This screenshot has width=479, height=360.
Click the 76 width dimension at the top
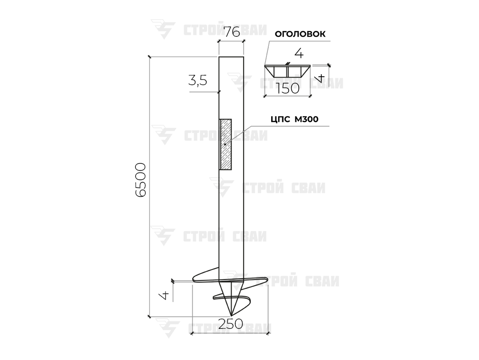coord(232,32)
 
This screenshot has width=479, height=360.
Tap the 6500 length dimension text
coord(140,180)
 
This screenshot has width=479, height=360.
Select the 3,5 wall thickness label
coord(198,80)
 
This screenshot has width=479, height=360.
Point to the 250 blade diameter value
coord(231,324)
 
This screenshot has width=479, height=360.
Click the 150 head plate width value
coord(288,89)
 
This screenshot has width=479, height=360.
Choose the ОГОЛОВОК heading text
coord(300,34)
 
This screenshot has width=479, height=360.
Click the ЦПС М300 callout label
coord(294,119)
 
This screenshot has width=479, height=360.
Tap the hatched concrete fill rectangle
coord(226,144)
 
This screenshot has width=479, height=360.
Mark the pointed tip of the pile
coord(231,315)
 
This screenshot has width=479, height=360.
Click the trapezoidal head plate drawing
coord(287,71)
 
